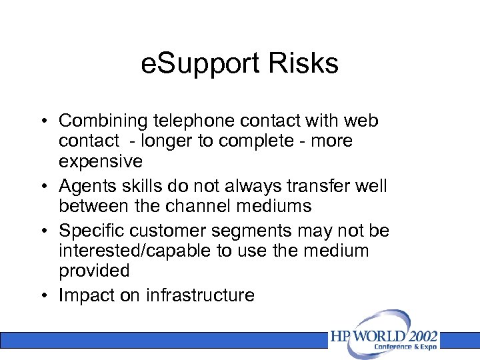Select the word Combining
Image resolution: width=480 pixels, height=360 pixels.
point(102,122)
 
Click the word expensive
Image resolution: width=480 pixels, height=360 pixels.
point(101,161)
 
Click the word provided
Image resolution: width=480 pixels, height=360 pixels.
point(94,271)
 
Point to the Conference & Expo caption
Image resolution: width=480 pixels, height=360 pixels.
point(405,347)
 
